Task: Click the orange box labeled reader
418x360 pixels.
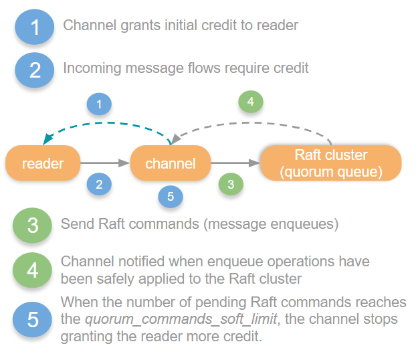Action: pos(43,164)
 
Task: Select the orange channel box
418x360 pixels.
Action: pos(170,164)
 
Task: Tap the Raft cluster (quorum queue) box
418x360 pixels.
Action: pos(330,164)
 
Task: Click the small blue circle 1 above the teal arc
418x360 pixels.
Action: pos(100,104)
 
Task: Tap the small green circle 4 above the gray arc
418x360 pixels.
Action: pos(251,102)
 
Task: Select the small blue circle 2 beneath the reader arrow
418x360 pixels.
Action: pos(99,185)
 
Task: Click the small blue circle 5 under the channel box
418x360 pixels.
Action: pos(171,197)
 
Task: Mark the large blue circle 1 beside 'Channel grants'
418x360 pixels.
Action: pos(35,27)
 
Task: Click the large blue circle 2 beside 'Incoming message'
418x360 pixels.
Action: pos(35,70)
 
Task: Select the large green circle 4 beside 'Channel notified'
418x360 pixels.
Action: pos(33,270)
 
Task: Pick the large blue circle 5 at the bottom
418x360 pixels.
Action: pos(33,319)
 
